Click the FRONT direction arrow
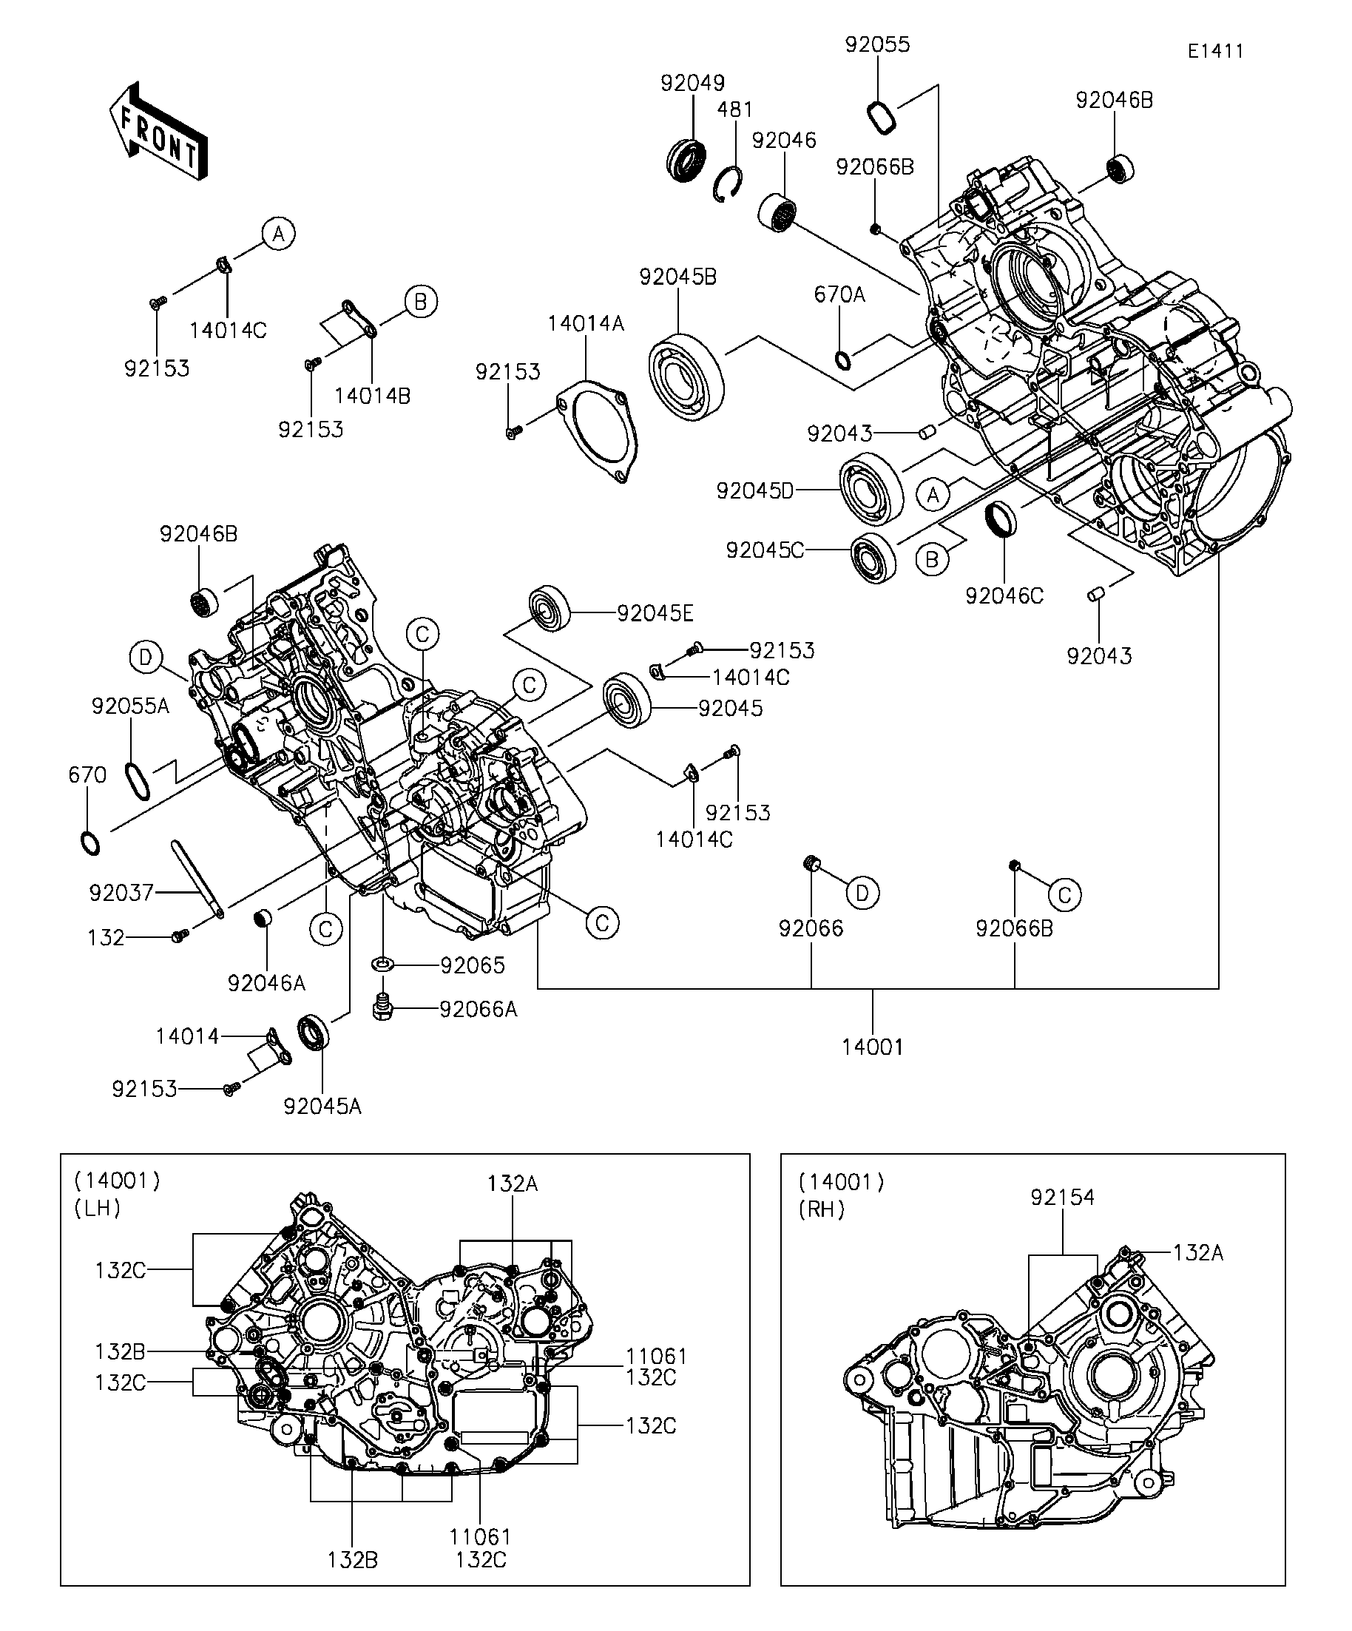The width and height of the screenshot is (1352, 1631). click(158, 132)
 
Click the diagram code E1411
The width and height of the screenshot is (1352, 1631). click(1215, 51)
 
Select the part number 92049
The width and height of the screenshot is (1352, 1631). click(693, 83)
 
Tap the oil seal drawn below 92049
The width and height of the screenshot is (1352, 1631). click(686, 159)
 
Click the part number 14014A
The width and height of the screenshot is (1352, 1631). click(586, 323)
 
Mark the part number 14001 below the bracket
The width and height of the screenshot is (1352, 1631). click(873, 1047)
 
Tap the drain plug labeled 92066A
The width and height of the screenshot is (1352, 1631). click(382, 1008)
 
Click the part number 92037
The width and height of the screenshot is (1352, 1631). click(121, 892)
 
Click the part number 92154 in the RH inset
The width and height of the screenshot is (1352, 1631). click(1062, 1198)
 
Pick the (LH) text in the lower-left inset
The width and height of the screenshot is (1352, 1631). click(98, 1208)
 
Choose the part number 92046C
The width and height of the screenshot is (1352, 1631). click(1004, 595)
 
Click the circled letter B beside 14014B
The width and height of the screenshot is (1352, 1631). click(421, 301)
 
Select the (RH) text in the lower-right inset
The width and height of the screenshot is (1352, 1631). click(822, 1209)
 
